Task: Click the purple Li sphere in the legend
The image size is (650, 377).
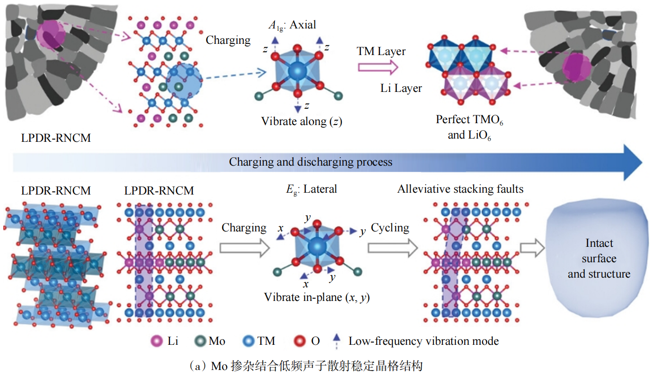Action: [158, 341]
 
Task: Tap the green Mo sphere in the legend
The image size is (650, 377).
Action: [199, 341]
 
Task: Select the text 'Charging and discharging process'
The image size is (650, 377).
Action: [310, 162]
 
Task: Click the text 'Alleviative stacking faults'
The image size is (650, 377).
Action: [460, 189]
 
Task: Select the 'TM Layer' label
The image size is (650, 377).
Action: [381, 51]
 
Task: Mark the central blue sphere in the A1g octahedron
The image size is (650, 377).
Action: [295, 72]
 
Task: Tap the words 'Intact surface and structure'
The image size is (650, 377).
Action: [599, 258]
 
